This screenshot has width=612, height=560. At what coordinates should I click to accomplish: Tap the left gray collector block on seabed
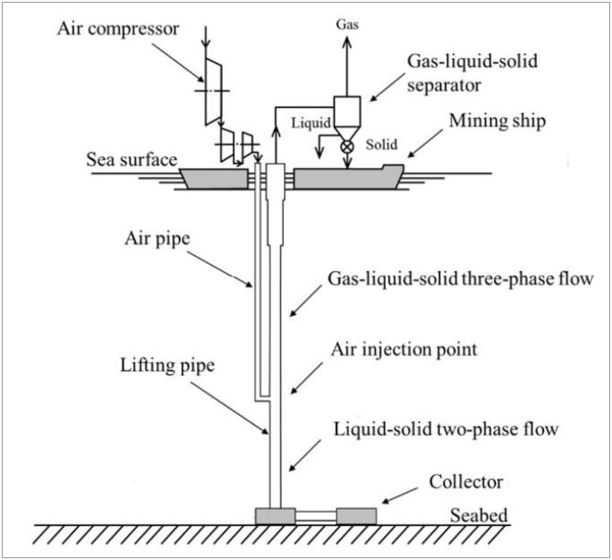coord(275,516)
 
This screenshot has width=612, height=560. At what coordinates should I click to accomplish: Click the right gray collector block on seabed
coord(356,516)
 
